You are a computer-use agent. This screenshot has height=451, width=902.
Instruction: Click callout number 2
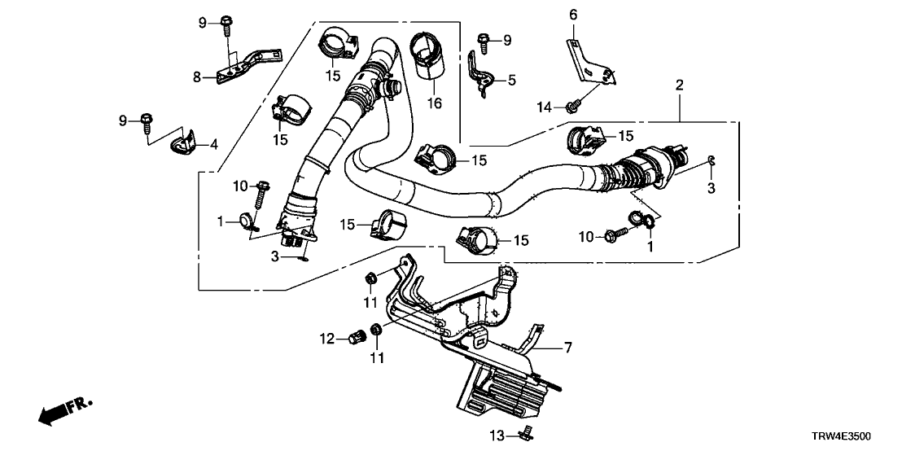click(x=679, y=85)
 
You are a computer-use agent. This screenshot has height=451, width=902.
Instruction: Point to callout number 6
click(x=572, y=15)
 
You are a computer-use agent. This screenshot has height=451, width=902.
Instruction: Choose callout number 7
click(x=567, y=348)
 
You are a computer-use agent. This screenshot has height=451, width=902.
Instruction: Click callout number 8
click(x=196, y=77)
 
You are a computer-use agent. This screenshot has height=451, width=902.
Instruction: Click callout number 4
click(x=214, y=146)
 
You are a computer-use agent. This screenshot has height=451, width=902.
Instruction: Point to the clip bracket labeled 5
click(x=483, y=73)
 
